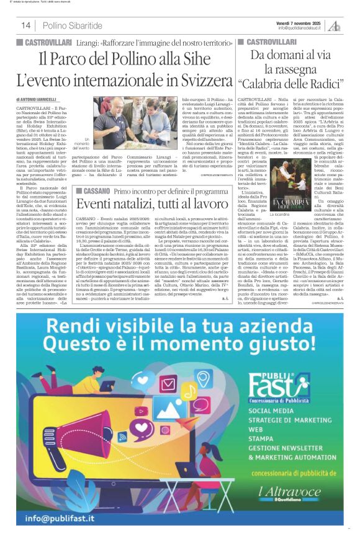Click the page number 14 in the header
(26, 25)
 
